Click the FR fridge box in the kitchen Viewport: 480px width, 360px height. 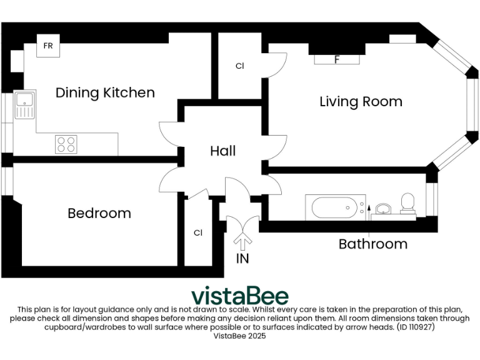[x=48, y=46]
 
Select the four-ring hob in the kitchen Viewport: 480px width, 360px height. [x=67, y=144]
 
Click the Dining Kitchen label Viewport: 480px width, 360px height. [x=105, y=93]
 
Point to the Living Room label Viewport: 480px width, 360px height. [x=361, y=102]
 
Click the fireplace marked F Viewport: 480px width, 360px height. [x=337, y=60]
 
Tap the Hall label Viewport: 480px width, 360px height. [x=222, y=151]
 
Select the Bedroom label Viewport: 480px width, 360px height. [x=99, y=214]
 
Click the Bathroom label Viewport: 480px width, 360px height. [x=372, y=244]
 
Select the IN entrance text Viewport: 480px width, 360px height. [x=242, y=258]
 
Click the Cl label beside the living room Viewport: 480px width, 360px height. [x=239, y=66]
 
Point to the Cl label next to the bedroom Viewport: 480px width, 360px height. [x=198, y=233]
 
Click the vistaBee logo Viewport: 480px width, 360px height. [x=239, y=295]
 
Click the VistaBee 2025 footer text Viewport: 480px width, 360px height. [x=240, y=336]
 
